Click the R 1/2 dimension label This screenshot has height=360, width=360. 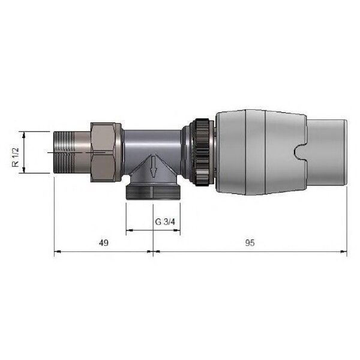tap(16, 157)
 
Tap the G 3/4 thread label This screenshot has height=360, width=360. tap(165, 222)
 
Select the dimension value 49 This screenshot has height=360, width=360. tap(104, 242)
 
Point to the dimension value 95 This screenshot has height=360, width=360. tap(250, 242)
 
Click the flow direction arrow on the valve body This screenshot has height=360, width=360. tap(153, 167)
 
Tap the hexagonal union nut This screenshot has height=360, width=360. tap(103, 152)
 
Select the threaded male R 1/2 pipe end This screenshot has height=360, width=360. tap(65, 152)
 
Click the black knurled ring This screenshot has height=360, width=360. tap(202, 152)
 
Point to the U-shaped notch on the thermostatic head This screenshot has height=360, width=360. tap(300, 152)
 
